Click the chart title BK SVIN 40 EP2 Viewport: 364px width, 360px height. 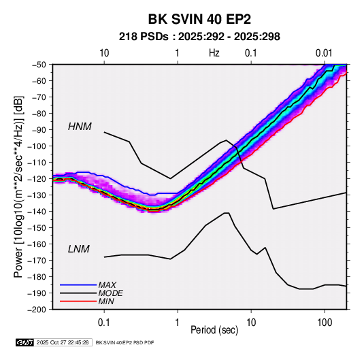point(199,19)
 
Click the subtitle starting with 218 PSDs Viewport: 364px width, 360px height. point(199,37)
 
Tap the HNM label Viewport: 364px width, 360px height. point(80,127)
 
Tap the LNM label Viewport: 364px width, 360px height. point(79,249)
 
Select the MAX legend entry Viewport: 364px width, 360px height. point(107,284)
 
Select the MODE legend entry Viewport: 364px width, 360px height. point(110,293)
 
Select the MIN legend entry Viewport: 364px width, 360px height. point(106,301)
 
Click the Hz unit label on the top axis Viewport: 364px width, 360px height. point(214,53)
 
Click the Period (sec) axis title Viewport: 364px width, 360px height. point(214,330)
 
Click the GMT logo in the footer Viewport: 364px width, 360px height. point(25,342)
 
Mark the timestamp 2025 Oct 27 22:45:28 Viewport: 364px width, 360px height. point(63,342)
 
